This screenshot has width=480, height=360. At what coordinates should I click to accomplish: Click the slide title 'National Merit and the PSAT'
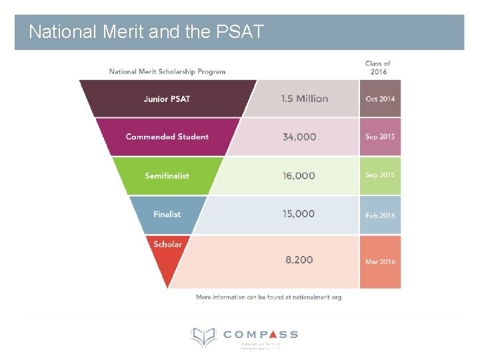pyautogui.click(x=147, y=31)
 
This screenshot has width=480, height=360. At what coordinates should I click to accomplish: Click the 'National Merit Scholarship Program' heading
pyautogui.click(x=167, y=71)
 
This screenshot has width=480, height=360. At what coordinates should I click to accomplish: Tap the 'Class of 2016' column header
pyautogui.click(x=378, y=67)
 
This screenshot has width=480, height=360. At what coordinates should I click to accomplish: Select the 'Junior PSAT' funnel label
pyautogui.click(x=167, y=99)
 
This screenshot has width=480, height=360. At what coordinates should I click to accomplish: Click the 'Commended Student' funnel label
pyautogui.click(x=167, y=137)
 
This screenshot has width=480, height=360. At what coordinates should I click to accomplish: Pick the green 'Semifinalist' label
pyautogui.click(x=167, y=176)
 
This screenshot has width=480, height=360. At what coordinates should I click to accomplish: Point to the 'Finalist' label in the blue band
pyautogui.click(x=167, y=214)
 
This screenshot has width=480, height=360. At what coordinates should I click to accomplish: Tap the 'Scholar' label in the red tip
pyautogui.click(x=167, y=244)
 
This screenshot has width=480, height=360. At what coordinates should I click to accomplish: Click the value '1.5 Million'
pyautogui.click(x=304, y=99)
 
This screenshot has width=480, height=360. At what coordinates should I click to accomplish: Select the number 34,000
pyautogui.click(x=299, y=137)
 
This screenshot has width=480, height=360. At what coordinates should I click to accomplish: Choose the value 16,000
pyautogui.click(x=299, y=176)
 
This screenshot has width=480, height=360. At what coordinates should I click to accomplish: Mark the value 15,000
pyautogui.click(x=299, y=214)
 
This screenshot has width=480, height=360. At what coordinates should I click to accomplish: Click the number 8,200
pyautogui.click(x=299, y=260)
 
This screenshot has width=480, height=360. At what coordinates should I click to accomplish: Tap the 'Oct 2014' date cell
pyautogui.click(x=380, y=99)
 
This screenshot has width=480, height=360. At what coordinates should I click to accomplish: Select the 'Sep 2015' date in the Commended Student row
pyautogui.click(x=380, y=137)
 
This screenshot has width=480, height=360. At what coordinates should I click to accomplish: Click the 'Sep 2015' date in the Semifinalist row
pyautogui.click(x=380, y=175)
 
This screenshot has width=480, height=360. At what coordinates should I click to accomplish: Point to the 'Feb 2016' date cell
pyautogui.click(x=380, y=215)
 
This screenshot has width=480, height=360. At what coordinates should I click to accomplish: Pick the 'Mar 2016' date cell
pyautogui.click(x=380, y=261)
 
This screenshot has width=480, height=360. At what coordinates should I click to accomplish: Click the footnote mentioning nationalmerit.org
pyautogui.click(x=269, y=297)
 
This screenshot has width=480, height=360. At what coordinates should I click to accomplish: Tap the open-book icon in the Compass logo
pyautogui.click(x=203, y=337)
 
